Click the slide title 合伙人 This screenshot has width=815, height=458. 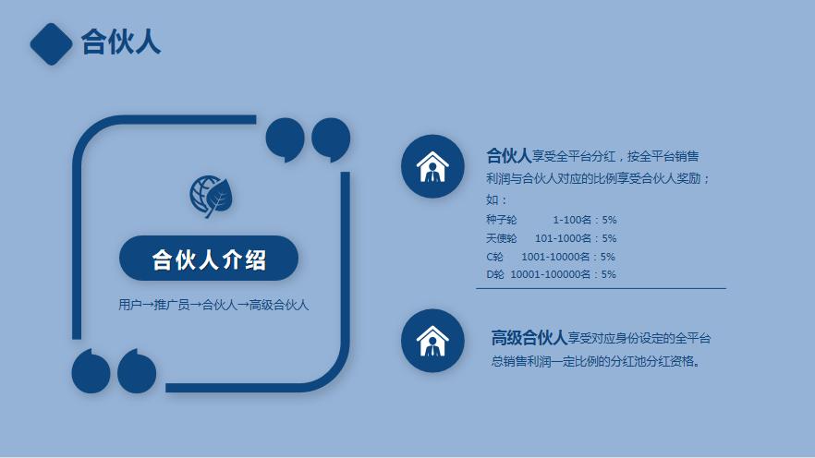click(x=121, y=42)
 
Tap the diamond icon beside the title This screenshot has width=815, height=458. click(x=51, y=43)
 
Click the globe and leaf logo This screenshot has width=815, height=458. click(x=212, y=195)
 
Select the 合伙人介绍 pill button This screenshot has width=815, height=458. click(x=209, y=259)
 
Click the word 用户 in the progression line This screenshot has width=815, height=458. click(x=129, y=305)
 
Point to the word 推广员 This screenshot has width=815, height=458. click(x=171, y=305)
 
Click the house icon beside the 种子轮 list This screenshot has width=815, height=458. click(x=432, y=166)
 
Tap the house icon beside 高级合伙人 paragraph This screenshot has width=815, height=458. click(x=432, y=340)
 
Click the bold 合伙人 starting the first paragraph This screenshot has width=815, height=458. click(x=508, y=155)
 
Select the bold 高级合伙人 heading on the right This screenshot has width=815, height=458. click(x=529, y=338)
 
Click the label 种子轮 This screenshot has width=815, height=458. click(x=501, y=220)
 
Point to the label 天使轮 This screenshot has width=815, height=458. click(x=501, y=238)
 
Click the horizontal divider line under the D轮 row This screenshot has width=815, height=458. click(x=601, y=288)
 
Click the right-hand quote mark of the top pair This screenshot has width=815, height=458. click(x=330, y=139)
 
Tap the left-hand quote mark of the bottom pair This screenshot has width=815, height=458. click(x=91, y=371)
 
